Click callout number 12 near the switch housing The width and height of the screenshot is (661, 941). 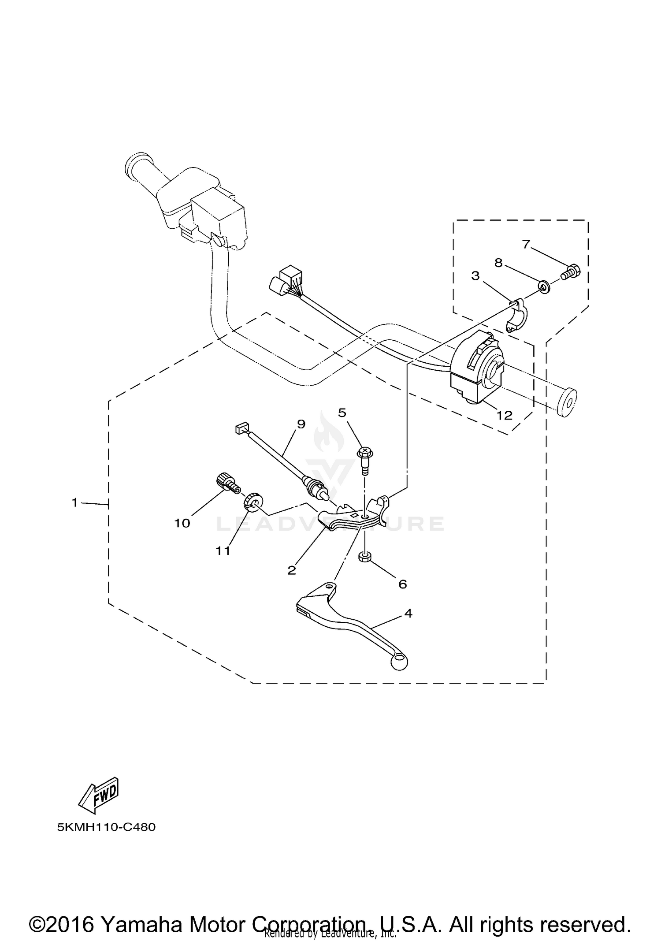pyautogui.click(x=505, y=415)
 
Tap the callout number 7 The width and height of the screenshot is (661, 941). pyautogui.click(x=526, y=244)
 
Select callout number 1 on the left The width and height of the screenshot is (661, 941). pyautogui.click(x=75, y=502)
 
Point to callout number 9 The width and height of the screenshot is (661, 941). pyautogui.click(x=301, y=424)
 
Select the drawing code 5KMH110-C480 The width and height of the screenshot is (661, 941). pyautogui.click(x=106, y=827)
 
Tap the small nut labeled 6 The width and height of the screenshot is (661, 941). pyautogui.click(x=364, y=558)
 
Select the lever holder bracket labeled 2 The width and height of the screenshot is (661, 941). pyautogui.click(x=353, y=518)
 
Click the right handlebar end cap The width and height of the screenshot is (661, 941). pyautogui.click(x=567, y=402)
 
